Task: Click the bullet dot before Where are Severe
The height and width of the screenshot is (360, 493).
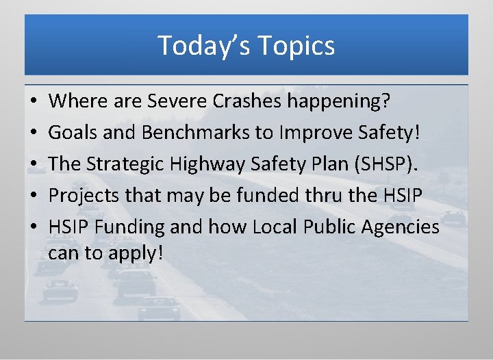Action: click(34, 103)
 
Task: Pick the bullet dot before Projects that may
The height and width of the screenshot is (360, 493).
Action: click(34, 196)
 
